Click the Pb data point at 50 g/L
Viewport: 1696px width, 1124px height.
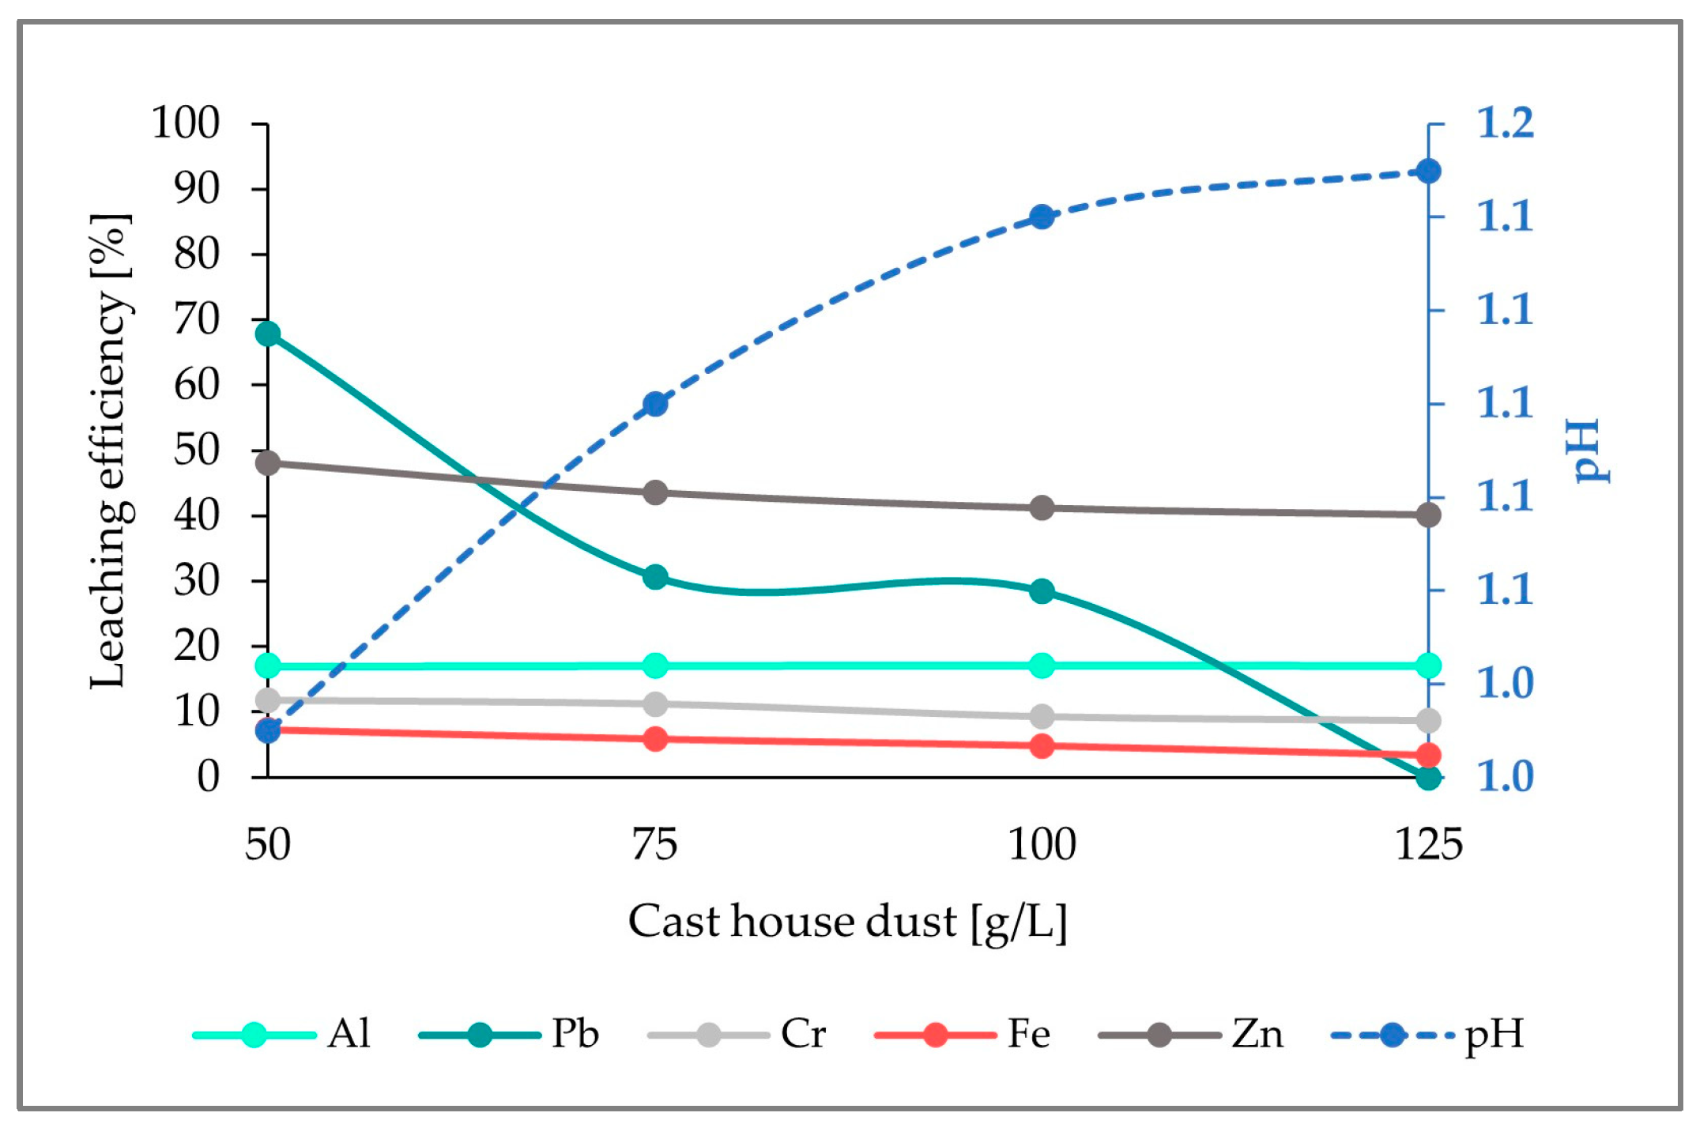pyautogui.click(x=268, y=334)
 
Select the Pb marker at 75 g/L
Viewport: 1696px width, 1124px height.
pyautogui.click(x=655, y=577)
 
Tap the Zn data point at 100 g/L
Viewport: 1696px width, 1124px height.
pyautogui.click(x=1042, y=507)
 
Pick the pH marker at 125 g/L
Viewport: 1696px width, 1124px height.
pyautogui.click(x=1428, y=172)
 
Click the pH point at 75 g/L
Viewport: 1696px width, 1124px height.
pyautogui.click(x=655, y=405)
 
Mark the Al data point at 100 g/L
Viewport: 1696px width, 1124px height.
pyautogui.click(x=1042, y=666)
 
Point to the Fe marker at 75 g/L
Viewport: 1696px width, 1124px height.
pyautogui.click(x=655, y=739)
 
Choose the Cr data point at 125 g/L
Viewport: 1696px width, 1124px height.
pyautogui.click(x=1428, y=720)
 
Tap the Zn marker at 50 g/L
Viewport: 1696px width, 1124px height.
pyautogui.click(x=268, y=462)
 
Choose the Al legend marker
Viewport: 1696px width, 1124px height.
pyautogui.click(x=254, y=1034)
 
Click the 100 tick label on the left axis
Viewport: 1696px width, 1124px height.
pyautogui.click(x=185, y=123)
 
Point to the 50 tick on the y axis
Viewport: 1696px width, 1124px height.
pyautogui.click(x=196, y=451)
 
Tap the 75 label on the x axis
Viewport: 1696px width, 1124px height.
pyautogui.click(x=654, y=844)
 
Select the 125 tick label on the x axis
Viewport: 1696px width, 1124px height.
pyautogui.click(x=1428, y=844)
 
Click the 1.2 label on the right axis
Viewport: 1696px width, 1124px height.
pyautogui.click(x=1505, y=123)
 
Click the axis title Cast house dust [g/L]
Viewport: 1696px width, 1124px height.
pyautogui.click(x=847, y=922)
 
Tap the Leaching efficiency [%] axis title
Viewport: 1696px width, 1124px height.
pyautogui.click(x=108, y=451)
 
